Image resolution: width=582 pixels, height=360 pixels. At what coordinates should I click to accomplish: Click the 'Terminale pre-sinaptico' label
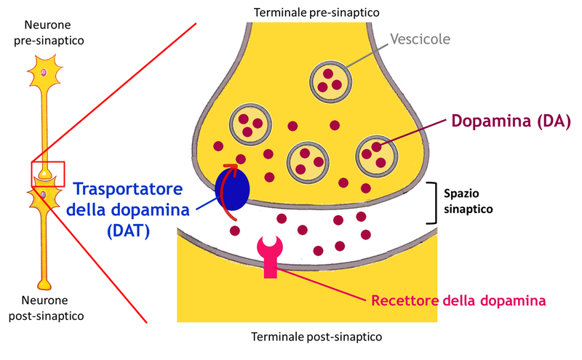316,12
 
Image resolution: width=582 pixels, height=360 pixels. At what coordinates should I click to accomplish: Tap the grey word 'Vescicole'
420,39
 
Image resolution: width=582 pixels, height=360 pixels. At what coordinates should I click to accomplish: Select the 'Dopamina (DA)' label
511,120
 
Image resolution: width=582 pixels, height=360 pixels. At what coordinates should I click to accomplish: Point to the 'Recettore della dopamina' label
458,300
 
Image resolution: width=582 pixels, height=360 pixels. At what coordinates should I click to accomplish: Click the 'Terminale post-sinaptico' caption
316,337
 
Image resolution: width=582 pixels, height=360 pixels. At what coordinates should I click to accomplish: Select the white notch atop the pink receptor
270,241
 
